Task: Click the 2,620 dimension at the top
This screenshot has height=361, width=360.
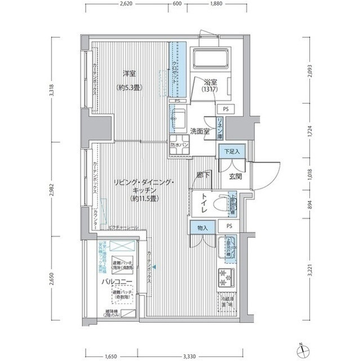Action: pos(126,3)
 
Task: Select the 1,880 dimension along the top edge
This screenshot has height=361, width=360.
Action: pos(217,3)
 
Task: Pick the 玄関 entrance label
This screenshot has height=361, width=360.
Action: pos(235,177)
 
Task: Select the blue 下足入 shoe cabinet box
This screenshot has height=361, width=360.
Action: pos(230,151)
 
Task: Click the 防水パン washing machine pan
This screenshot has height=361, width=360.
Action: pos(179,144)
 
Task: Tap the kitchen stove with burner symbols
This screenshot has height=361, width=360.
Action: pos(225,277)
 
